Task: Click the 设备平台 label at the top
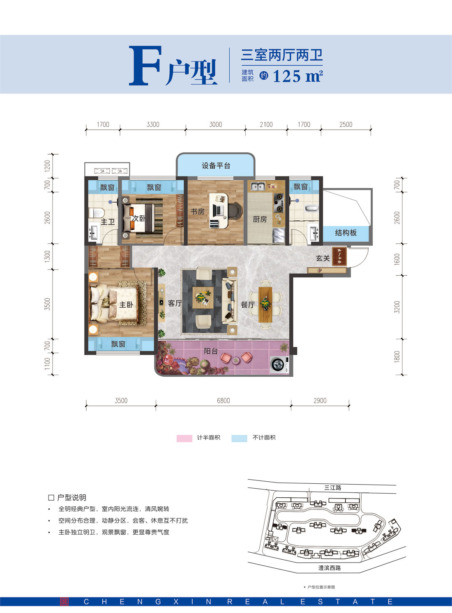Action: coord(216,166)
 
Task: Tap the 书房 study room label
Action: coord(197,212)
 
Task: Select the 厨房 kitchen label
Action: coord(259,220)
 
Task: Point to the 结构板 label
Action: coord(346,233)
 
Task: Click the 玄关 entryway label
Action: coord(323,258)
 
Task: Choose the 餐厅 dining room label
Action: coord(247,305)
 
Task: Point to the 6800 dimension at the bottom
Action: coord(223,400)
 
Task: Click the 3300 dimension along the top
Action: coord(153,124)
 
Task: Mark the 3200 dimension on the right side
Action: coord(397,307)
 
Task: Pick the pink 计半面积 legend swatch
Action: coord(184,438)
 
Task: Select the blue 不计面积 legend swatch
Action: coord(239,438)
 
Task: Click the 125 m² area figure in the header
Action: coord(297,76)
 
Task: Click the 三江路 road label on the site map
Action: coord(332,488)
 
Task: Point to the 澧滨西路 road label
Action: coord(329,568)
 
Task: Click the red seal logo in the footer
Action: coord(64,602)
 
